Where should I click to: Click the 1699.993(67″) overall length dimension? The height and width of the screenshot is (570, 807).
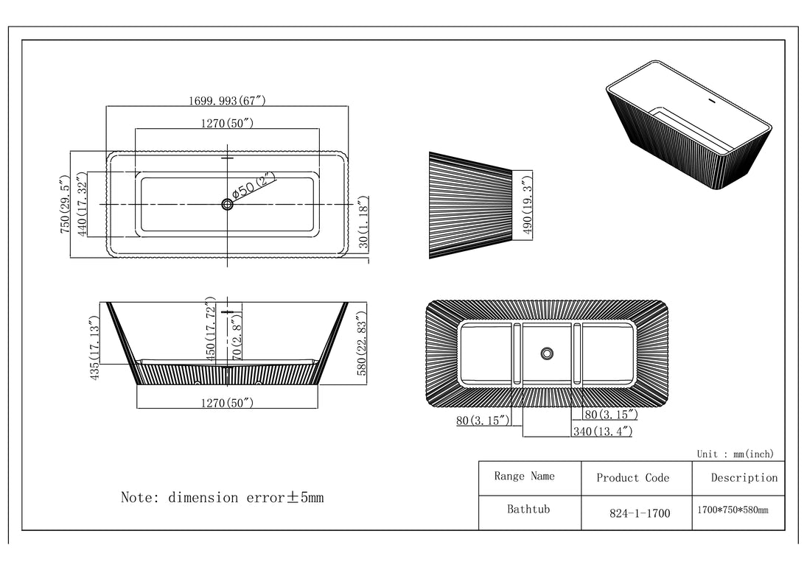(x=227, y=101)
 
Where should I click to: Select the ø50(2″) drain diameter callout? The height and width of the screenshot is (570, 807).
(x=254, y=184)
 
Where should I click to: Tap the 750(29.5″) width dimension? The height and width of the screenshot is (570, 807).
(x=64, y=205)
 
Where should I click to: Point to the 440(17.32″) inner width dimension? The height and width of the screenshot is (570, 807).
(x=83, y=204)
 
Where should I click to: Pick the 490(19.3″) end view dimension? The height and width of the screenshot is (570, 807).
(x=527, y=204)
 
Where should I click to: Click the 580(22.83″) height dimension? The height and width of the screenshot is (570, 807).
(x=361, y=343)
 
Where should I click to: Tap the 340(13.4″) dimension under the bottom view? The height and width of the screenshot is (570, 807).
(x=602, y=432)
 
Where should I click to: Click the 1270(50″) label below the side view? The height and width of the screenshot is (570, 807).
(x=227, y=403)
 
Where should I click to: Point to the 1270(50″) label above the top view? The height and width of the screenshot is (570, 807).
(x=227, y=123)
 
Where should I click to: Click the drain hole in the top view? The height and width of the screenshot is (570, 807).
(x=227, y=204)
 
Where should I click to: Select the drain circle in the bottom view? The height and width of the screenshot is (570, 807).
(x=547, y=353)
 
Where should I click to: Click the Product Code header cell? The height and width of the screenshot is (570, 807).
(x=632, y=478)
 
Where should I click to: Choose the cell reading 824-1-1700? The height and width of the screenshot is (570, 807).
(x=640, y=513)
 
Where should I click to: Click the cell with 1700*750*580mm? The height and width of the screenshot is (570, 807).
(x=733, y=510)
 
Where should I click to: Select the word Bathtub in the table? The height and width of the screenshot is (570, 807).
(x=528, y=510)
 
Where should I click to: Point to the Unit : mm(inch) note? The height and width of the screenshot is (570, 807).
(x=735, y=454)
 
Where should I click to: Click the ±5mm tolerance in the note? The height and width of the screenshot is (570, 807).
(x=305, y=497)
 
